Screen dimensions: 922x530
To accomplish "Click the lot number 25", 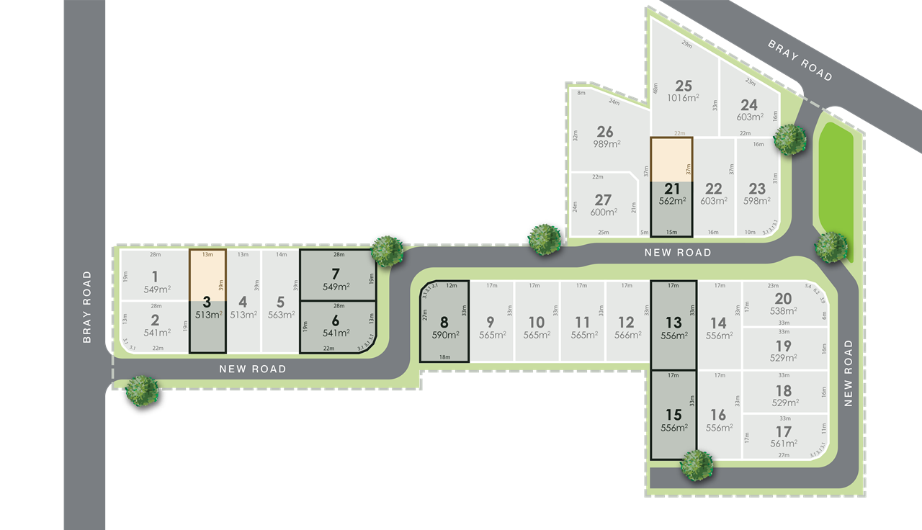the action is tap(684, 86).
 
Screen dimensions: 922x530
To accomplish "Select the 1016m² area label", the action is tap(684, 98).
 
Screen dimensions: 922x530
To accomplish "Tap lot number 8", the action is tap(444, 323).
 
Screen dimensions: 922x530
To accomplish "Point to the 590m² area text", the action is tap(444, 336).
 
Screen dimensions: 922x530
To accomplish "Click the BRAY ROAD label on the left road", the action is tap(87, 306).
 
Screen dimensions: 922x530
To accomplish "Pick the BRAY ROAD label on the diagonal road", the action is tap(800, 60).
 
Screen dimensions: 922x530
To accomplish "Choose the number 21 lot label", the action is tap(672, 189).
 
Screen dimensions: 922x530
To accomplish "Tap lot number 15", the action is tap(673, 415).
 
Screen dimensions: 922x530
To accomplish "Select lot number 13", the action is tap(673, 322).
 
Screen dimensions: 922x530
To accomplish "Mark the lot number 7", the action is tap(335, 274).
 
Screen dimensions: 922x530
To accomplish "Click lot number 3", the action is tap(207, 302).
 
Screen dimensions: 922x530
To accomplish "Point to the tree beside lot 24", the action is tap(789, 138).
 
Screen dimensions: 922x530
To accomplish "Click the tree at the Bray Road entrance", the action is tap(141, 390).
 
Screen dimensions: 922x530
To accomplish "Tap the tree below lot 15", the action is tap(697, 464).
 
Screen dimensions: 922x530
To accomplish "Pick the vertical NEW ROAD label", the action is tap(848, 373).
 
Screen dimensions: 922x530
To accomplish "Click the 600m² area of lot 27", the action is tap(603, 212).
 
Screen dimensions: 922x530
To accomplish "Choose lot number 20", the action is tap(783, 299).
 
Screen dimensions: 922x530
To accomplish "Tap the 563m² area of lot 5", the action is tap(281, 315).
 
